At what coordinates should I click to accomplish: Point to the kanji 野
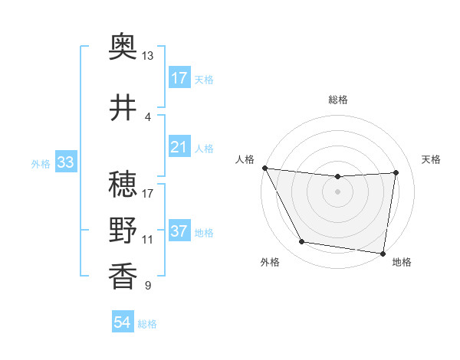pos(123,230)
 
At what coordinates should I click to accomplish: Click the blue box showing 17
pos(179,78)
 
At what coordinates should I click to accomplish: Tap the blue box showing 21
pos(179,147)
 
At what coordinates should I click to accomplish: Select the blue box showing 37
pos(179,232)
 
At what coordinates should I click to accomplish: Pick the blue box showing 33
pos(65,163)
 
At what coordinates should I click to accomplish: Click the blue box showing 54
pos(122,323)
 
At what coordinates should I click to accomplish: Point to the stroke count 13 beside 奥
pos(147,56)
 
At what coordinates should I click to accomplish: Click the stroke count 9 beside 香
pos(147,286)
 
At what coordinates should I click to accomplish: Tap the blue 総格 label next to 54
pos(147,324)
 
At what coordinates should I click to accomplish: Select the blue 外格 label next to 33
pos(40,164)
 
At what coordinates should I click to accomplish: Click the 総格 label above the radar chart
pos(337,100)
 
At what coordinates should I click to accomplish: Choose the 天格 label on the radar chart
pos(432,159)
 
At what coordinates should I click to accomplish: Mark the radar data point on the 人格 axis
pos(264,168)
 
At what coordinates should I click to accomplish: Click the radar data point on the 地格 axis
pos(383,253)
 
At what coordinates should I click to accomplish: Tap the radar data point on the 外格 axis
pos(302,243)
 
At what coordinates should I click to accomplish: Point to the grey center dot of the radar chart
pos(337,191)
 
